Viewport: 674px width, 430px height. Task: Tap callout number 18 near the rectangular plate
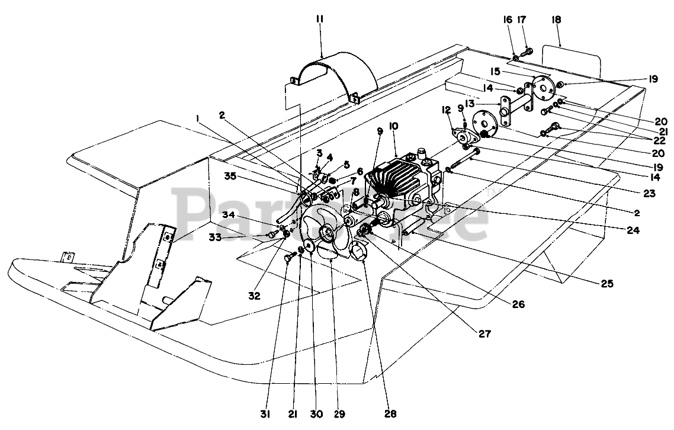point(557,20)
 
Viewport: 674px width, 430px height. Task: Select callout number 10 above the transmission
point(394,126)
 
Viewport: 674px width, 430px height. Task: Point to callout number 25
point(608,283)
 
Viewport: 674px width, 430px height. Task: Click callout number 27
point(484,333)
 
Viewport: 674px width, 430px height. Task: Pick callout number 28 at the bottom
point(390,414)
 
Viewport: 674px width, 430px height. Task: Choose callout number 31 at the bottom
point(265,414)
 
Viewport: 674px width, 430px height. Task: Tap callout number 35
point(231,176)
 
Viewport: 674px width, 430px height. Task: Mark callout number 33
point(216,236)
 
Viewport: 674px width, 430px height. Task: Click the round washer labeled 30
point(308,247)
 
